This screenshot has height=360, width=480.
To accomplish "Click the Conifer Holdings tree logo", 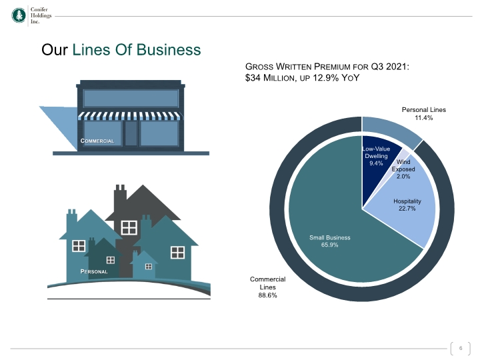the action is coord(19,15).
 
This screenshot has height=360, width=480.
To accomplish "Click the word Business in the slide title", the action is coord(169,49).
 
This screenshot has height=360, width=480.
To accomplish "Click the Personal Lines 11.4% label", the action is coord(424,113).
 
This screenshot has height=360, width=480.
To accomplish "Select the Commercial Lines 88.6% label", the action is coord(267,287).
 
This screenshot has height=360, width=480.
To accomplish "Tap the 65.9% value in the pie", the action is coord(330,245).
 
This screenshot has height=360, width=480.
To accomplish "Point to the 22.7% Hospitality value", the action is coord(407,209).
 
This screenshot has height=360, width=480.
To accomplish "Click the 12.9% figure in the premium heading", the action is coord(326,78).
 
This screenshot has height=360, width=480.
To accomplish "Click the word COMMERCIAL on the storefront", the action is coord(97,141).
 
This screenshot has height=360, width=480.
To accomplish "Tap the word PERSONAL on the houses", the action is coord(94,271).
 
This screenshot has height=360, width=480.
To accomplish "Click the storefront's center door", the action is coord(131,133).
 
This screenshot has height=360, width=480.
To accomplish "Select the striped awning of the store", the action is coord(130,116).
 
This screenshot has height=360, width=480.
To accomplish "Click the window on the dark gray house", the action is coord(129,227).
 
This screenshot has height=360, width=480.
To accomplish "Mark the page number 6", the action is coord(461,348).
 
